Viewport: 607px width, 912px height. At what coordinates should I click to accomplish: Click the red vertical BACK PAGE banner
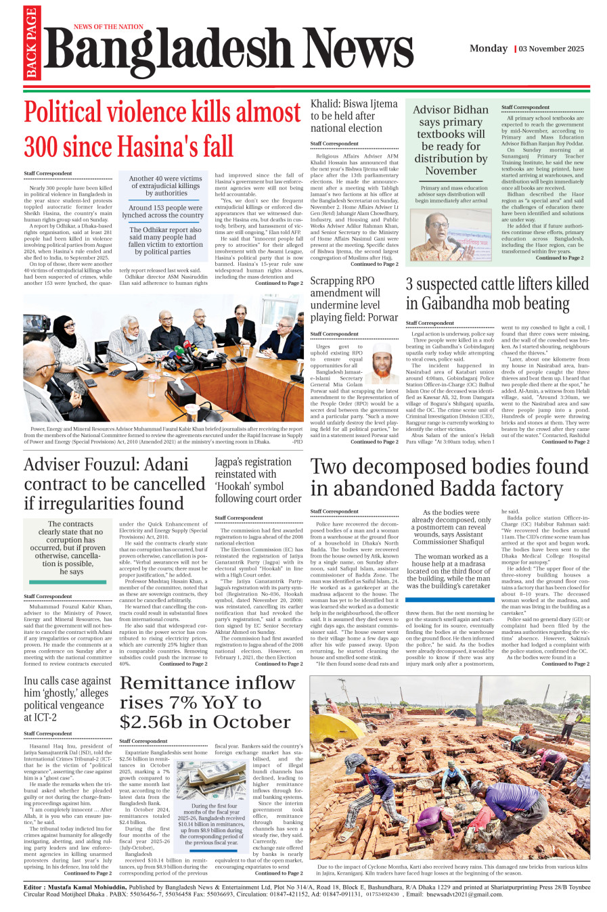[x=31, y=44]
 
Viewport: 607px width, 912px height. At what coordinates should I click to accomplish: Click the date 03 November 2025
[x=552, y=49]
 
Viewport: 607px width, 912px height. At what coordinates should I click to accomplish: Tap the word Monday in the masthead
[x=489, y=49]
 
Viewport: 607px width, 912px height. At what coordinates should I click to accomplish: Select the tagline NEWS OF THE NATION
[x=108, y=27]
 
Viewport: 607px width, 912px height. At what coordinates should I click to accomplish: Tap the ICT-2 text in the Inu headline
[x=41, y=717]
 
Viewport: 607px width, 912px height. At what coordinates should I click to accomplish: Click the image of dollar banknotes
[x=211, y=780]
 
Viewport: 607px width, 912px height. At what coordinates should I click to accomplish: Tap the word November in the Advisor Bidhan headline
[x=451, y=171]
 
